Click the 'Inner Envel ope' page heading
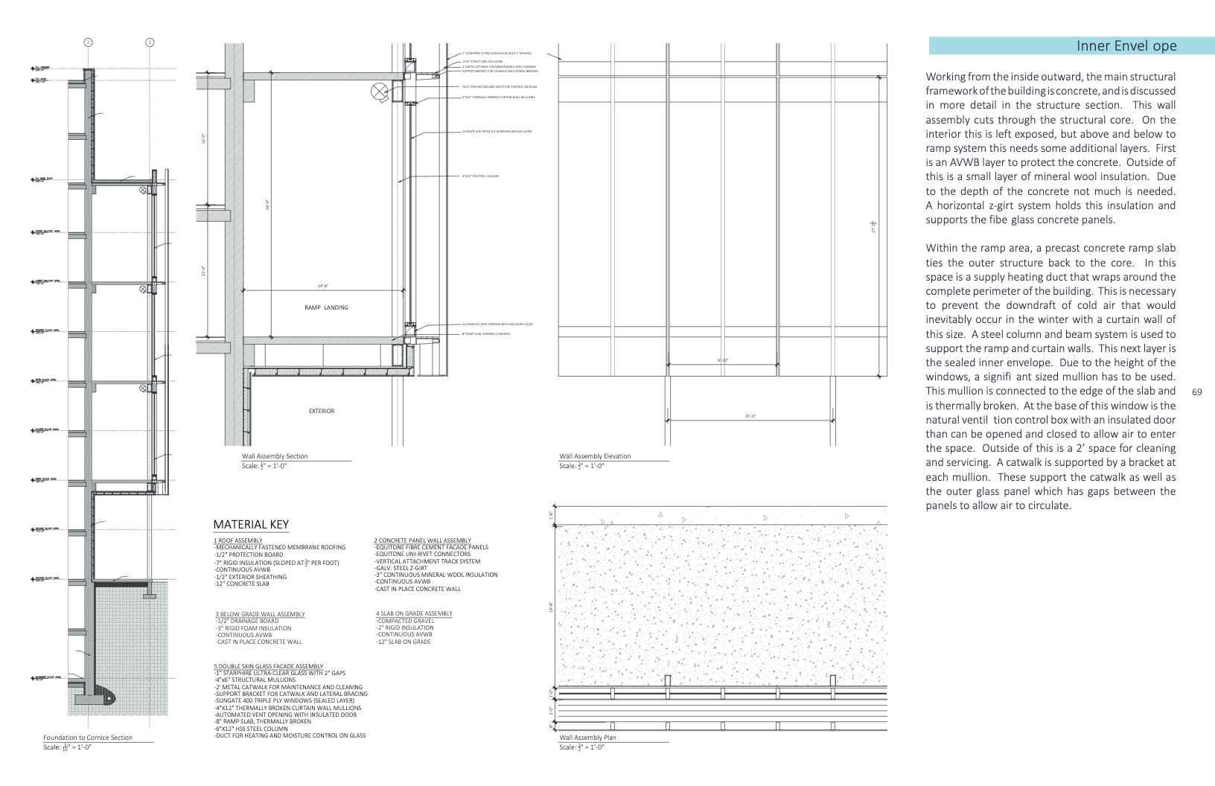(1126, 46)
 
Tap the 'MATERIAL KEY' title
(251, 525)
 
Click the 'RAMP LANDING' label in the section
(326, 307)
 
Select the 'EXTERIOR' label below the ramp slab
(322, 411)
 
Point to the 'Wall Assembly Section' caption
(274, 456)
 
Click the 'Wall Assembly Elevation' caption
(595, 456)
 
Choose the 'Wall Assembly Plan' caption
(587, 738)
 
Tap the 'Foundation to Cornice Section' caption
(88, 738)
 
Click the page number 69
(1197, 392)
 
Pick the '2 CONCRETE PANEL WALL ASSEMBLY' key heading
(422, 540)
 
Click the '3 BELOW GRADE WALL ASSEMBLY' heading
(260, 614)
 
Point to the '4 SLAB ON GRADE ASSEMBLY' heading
(414, 613)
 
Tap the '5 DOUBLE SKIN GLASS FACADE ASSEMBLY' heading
(268, 666)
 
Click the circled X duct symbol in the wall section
(380, 92)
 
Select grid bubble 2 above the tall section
(88, 42)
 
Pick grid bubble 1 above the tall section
(150, 42)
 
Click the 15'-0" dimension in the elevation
(750, 416)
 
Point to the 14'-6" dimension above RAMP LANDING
(322, 286)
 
